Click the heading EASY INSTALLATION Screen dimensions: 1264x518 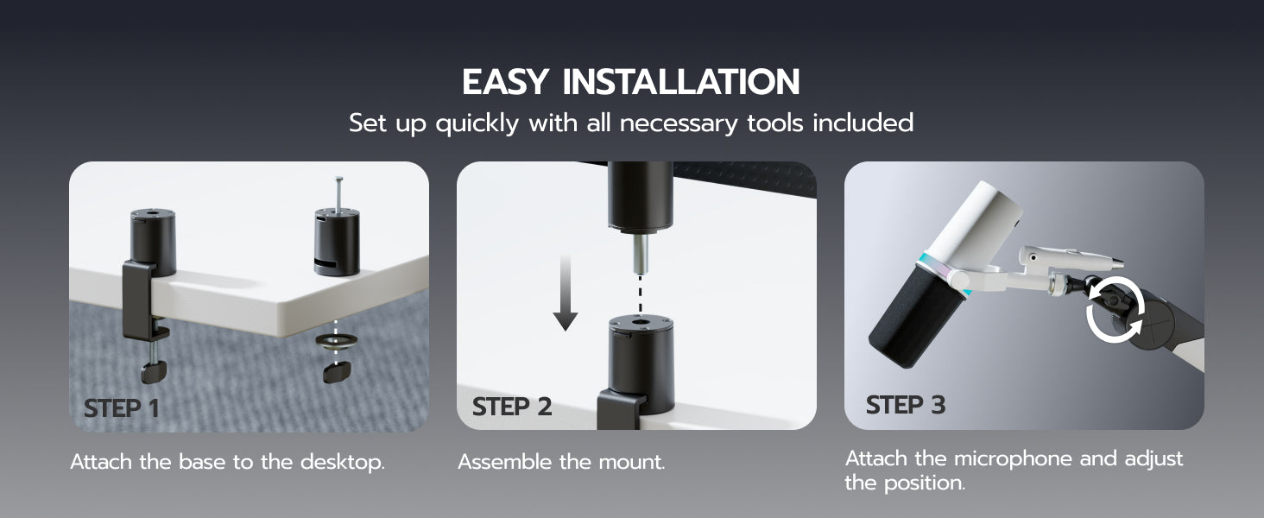(x=631, y=82)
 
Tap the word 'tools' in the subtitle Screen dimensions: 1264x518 (x=774, y=123)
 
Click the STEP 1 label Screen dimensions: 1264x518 (x=122, y=408)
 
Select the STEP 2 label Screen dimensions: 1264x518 (x=512, y=407)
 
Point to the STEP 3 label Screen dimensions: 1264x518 (x=905, y=405)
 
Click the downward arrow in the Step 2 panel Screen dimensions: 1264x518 (x=565, y=293)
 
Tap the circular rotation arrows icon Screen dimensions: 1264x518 (x=1115, y=310)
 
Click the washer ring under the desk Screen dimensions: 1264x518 (x=337, y=340)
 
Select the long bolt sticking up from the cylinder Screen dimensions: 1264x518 (x=338, y=194)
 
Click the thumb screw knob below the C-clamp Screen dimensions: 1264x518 (x=154, y=371)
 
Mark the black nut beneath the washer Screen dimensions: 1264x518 (x=337, y=372)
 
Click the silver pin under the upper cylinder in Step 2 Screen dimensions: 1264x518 (x=640, y=254)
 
